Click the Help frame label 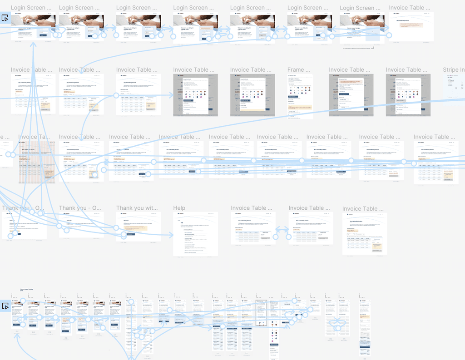tap(179, 208)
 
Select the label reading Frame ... tap(296, 70)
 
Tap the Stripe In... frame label tap(453, 70)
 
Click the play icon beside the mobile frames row tap(5, 306)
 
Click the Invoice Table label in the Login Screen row tap(411, 8)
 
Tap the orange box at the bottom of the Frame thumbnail tap(300, 109)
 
